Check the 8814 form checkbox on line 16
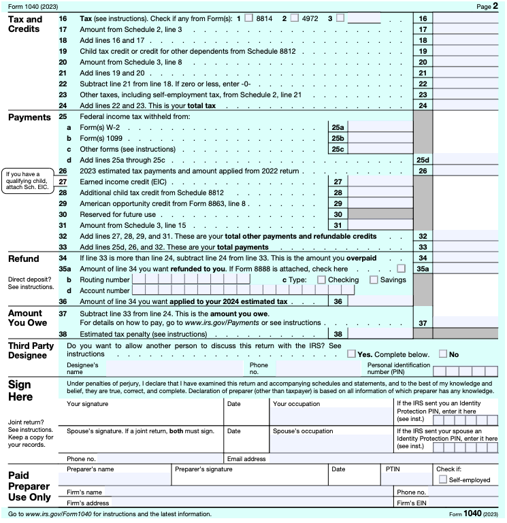(249, 18)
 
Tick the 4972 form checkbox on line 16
(295, 18)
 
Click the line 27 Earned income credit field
(380, 182)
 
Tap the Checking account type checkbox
(322, 280)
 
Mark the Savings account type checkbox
(374, 280)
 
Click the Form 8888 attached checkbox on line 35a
(402, 269)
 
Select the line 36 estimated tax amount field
(380, 301)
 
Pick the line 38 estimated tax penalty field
(380, 334)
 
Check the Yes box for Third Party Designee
(351, 354)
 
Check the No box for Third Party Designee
(443, 354)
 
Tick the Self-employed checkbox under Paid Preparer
(443, 479)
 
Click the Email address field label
(247, 459)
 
